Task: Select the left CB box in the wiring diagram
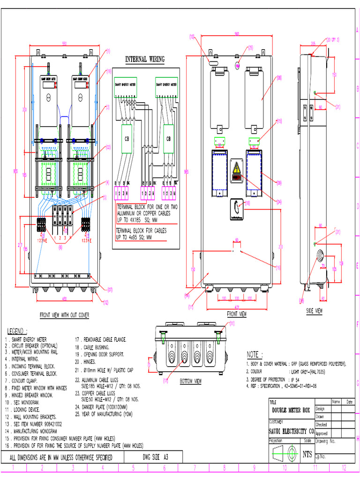pyautogui.click(x=127, y=139)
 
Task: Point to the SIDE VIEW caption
pyautogui.click(x=314, y=310)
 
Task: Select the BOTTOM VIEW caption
pyautogui.click(x=190, y=382)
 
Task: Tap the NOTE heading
pyautogui.click(x=255, y=354)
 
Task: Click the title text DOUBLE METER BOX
pyautogui.click(x=291, y=410)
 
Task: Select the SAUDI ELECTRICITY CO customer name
pyautogui.click(x=291, y=431)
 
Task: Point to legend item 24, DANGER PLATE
pyautogui.click(x=103, y=407)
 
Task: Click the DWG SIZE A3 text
pyautogui.click(x=155, y=457)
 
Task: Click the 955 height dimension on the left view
pyautogui.click(x=16, y=171)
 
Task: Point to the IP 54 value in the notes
pyautogui.click(x=295, y=379)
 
